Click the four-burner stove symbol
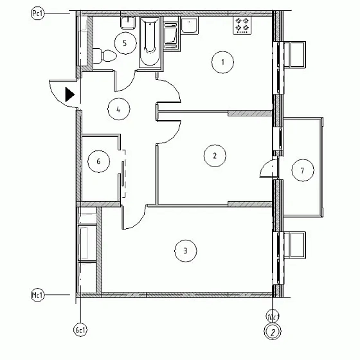coord(242,26)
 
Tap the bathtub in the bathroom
coord(149,42)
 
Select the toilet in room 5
coord(104,55)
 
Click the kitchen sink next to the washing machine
coord(190,26)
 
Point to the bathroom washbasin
coord(128,22)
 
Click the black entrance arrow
coord(70,94)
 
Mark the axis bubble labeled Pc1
coord(37,14)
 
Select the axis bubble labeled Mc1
coord(37,295)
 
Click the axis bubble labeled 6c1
coord(80,330)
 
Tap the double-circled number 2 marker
coord(273,332)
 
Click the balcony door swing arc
coord(265,166)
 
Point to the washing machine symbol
coord(171,37)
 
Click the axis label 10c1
coord(273,317)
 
